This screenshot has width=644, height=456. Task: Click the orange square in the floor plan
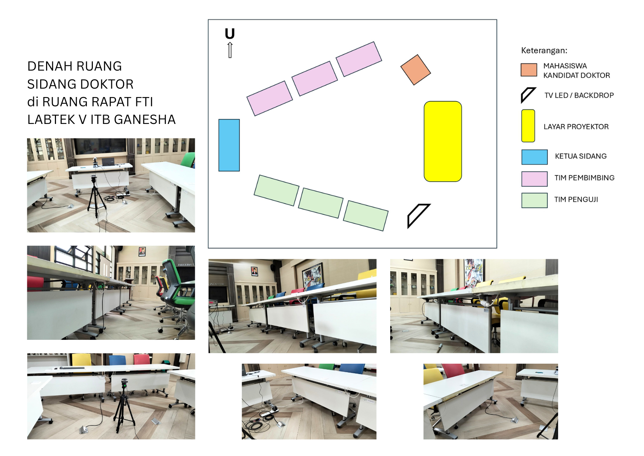[x=416, y=70]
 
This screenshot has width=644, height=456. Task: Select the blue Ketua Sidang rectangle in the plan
[x=229, y=145]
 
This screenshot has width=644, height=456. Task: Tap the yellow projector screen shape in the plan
[x=443, y=142]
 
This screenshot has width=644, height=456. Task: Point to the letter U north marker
[x=230, y=34]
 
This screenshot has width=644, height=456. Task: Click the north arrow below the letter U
[x=230, y=50]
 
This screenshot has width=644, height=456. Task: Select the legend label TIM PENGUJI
[x=576, y=199]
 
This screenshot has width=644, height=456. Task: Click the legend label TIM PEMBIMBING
[x=584, y=178]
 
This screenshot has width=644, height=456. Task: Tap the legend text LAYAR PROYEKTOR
[x=576, y=127]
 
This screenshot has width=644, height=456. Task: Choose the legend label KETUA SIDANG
[x=581, y=156]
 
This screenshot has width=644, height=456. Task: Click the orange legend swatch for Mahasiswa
[x=529, y=70]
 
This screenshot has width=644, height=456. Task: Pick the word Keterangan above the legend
[x=544, y=50]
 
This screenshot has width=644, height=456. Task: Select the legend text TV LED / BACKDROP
[x=579, y=95]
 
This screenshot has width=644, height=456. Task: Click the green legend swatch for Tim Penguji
[x=535, y=200]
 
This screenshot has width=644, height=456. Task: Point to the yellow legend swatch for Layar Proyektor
[x=528, y=126]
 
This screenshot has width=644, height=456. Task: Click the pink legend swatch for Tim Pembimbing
[x=535, y=179]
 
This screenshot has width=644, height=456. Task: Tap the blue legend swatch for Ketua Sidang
[x=535, y=157]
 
